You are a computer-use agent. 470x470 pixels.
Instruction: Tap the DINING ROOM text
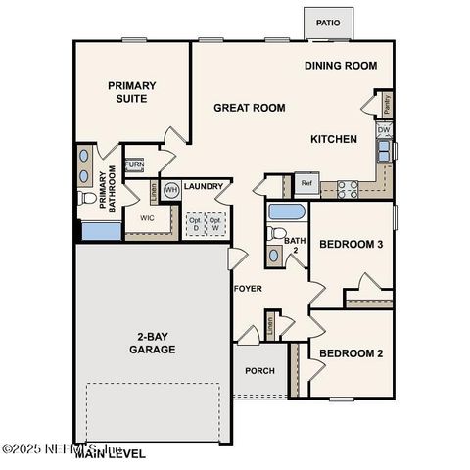click(x=341, y=66)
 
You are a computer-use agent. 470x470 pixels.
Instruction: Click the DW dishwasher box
click(x=385, y=130)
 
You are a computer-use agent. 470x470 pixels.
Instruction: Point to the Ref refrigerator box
click(x=306, y=183)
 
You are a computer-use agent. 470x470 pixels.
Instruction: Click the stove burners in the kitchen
click(x=348, y=186)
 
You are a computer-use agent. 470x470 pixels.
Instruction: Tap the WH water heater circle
click(x=170, y=189)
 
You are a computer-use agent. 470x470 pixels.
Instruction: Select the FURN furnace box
click(x=134, y=165)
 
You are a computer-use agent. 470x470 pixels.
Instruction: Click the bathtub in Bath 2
click(x=286, y=212)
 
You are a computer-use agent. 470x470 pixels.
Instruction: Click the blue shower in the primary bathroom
click(x=99, y=231)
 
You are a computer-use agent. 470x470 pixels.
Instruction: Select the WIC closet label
click(x=148, y=218)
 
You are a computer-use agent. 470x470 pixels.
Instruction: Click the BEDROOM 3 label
click(x=352, y=244)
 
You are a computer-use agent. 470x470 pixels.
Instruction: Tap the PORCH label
click(x=259, y=371)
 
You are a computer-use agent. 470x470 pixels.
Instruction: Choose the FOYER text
click(x=247, y=289)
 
